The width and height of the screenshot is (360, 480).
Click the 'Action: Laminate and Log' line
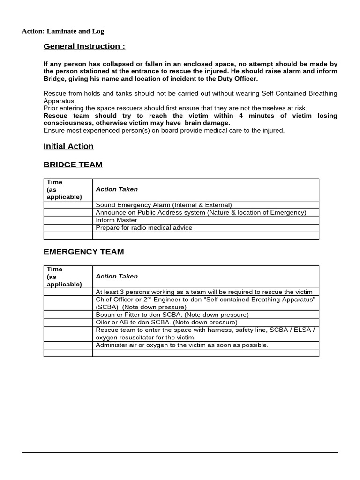pyautogui.click(x=63, y=31)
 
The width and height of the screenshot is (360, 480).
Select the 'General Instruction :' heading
pyautogui.click(x=84, y=46)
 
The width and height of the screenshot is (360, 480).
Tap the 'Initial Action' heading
pyautogui.click(x=68, y=146)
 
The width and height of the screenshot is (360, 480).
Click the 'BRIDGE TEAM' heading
pyautogui.click(x=73, y=165)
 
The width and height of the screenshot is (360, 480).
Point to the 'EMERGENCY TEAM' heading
pyautogui.click(x=83, y=252)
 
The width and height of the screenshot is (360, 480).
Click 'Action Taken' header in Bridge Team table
pyautogui.click(x=117, y=189)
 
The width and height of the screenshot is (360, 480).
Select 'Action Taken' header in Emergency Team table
pyautogui.click(x=117, y=277)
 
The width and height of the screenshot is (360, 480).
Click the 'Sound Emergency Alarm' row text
pyautogui.click(x=164, y=205)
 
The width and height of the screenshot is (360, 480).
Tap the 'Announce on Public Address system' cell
pyautogui.click(x=201, y=212)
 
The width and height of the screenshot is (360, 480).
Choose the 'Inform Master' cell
pyautogui.click(x=116, y=220)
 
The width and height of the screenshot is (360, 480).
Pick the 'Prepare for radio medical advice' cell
pyautogui.click(x=144, y=228)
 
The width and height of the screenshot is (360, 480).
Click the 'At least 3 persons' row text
pyautogui.click(x=204, y=292)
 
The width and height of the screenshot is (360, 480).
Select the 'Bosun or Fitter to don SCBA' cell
pyautogui.click(x=172, y=315)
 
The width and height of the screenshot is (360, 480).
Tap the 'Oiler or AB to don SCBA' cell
pyautogui.click(x=166, y=322)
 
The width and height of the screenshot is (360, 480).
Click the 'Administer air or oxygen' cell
pyautogui.click(x=182, y=345)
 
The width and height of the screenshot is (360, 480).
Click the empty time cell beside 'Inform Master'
pyautogui.click(x=68, y=220)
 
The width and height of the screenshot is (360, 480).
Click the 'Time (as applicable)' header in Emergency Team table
pyautogui.click(x=64, y=277)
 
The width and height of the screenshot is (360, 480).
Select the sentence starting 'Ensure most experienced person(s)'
pyautogui.click(x=164, y=130)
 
